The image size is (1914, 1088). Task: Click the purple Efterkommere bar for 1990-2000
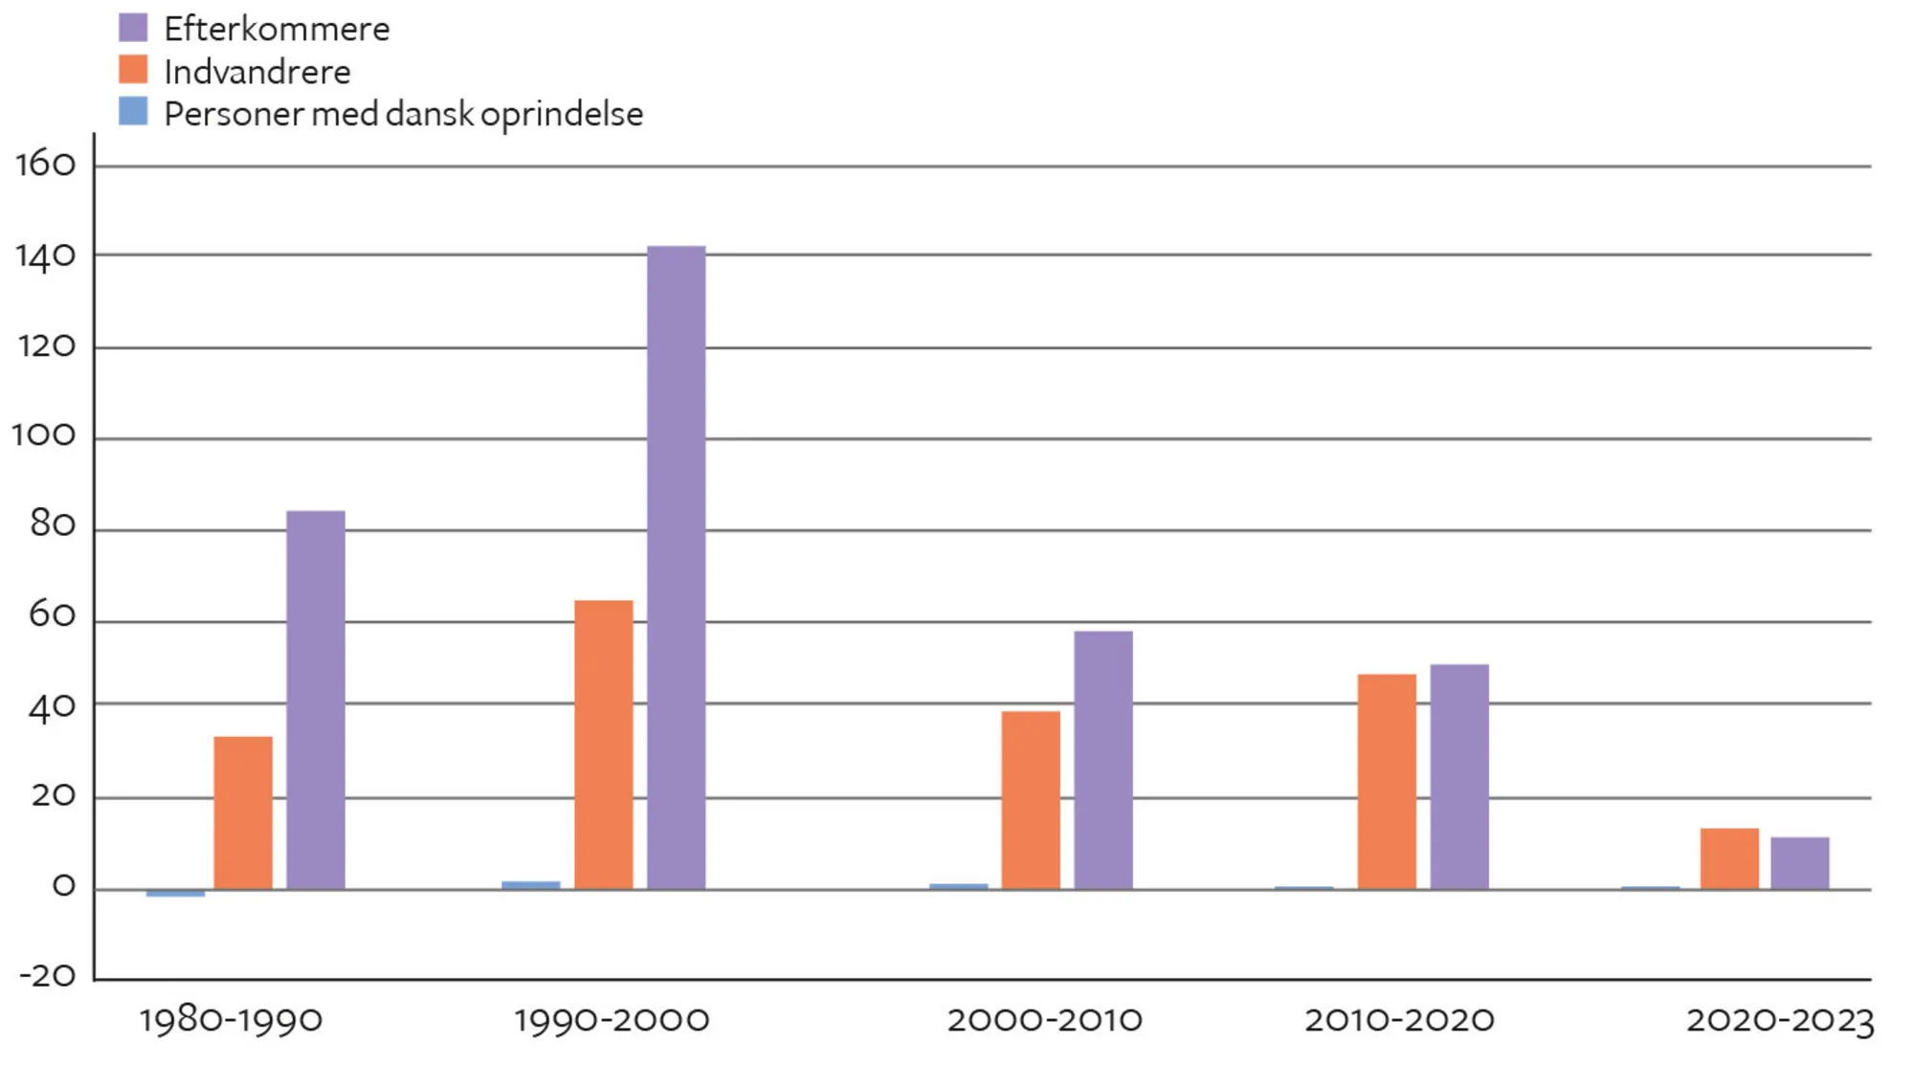coord(676,567)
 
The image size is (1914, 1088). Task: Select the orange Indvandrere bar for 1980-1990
coord(243,812)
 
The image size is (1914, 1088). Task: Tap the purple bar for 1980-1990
coord(316,699)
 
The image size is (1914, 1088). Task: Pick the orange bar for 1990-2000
coord(603,744)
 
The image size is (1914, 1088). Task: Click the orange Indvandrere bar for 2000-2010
coord(1031,800)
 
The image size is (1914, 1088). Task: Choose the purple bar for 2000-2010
coord(1102,760)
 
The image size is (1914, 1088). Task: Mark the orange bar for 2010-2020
coord(1386,782)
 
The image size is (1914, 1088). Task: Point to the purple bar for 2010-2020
coord(1458,776)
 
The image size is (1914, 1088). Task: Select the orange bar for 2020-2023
coord(1728,858)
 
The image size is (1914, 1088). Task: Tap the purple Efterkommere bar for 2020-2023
coord(1799,863)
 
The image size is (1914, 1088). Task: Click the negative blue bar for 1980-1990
coord(175,893)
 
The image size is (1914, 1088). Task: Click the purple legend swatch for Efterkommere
coord(133,28)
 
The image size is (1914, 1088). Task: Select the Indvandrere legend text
coord(256,72)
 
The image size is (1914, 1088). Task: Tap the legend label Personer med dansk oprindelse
coord(403,114)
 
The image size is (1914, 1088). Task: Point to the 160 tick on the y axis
coord(45,165)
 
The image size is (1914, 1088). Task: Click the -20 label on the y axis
coord(48,976)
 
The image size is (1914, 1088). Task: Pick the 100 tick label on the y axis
coord(43,436)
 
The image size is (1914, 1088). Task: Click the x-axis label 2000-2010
coord(1044,1020)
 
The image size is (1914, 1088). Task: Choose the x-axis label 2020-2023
coord(1779,1020)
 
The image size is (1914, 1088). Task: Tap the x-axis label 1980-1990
coord(231,1020)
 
